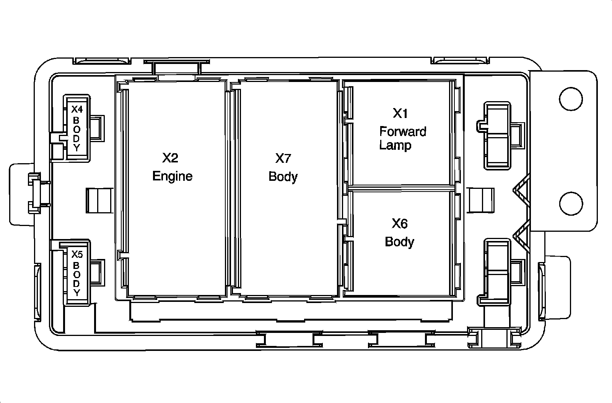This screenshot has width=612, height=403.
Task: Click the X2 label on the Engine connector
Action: click(170, 158)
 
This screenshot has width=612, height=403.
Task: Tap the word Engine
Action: click(172, 176)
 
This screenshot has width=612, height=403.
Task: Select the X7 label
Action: click(283, 158)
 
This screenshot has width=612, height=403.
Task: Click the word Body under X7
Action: click(283, 177)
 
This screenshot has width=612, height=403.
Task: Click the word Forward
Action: click(402, 132)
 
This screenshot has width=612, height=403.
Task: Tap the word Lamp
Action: click(395, 146)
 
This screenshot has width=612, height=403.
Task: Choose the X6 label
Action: click(399, 223)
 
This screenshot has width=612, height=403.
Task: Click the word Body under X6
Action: click(399, 242)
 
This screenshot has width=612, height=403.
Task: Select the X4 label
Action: click(77, 110)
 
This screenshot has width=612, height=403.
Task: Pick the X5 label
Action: click(77, 254)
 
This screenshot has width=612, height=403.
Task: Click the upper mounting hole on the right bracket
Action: click(571, 99)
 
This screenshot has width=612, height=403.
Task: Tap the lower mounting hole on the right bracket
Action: click(571, 203)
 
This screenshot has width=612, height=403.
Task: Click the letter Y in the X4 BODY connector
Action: click(77, 148)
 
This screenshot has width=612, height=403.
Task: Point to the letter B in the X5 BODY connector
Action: click(77, 265)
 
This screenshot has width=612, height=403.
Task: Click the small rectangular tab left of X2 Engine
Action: click(99, 200)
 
